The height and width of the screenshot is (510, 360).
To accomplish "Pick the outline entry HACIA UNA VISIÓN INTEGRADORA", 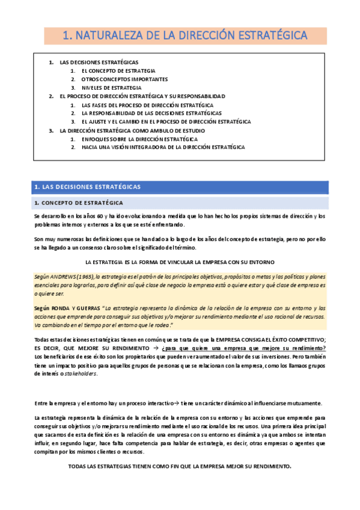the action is click(163, 147).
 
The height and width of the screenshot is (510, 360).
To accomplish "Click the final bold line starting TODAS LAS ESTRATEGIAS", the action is click(180, 467).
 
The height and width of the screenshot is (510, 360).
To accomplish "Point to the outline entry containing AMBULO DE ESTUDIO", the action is click(132, 130).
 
